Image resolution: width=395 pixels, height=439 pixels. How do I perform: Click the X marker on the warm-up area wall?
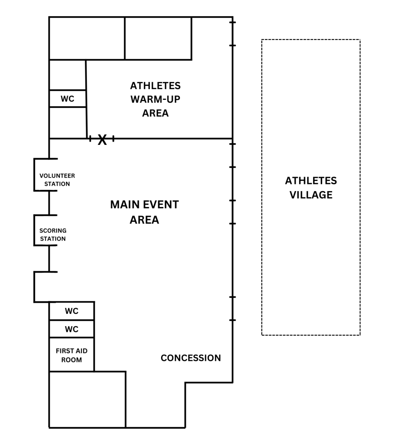point(102,139)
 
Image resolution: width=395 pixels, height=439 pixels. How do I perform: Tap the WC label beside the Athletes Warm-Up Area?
point(67,99)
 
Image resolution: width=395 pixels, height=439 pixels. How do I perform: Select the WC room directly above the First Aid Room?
point(72,330)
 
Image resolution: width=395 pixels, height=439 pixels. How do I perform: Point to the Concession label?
point(191,358)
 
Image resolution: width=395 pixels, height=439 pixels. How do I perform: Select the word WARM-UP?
point(155,99)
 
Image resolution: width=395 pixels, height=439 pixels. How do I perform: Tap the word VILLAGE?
point(311,195)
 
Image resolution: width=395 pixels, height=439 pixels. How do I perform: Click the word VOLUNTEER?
point(57,176)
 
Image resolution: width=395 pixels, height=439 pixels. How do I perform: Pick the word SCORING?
point(53,231)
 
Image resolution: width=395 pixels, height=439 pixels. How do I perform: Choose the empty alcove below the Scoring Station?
point(43,287)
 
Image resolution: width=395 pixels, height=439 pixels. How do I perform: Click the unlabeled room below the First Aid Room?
point(87,399)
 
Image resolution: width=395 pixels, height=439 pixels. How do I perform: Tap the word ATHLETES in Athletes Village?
point(311,181)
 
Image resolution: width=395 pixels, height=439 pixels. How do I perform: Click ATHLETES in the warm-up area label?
point(155,86)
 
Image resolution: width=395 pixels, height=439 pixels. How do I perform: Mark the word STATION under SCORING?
point(53,239)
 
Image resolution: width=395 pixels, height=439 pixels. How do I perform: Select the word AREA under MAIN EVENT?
point(144,220)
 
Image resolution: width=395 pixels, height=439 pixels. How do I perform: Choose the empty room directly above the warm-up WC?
point(68,75)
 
